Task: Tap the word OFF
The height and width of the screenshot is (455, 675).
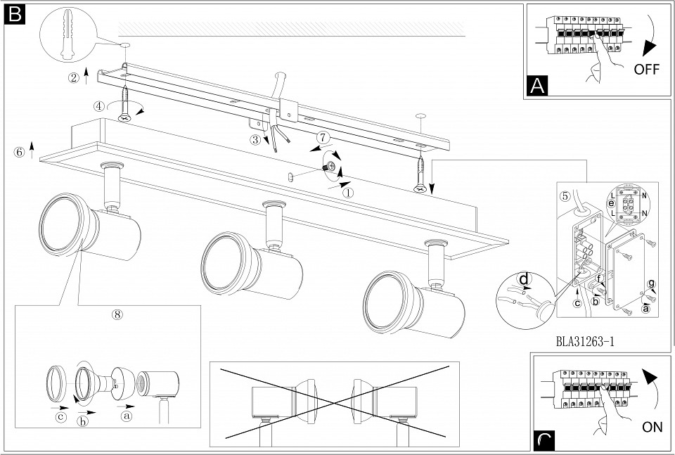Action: click(646, 70)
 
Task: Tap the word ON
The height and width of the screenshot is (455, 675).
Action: click(652, 427)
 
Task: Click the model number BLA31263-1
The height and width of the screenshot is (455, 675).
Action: click(585, 342)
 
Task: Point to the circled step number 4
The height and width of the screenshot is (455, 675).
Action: click(99, 106)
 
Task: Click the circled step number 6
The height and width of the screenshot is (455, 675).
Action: click(19, 151)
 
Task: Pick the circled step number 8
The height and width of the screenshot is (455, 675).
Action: click(117, 314)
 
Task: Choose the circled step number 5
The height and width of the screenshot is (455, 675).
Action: click(565, 196)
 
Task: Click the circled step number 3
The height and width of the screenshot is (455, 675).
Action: click(255, 140)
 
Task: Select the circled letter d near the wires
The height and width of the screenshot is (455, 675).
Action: click(524, 278)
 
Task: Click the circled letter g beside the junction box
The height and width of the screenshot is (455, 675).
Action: click(652, 283)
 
